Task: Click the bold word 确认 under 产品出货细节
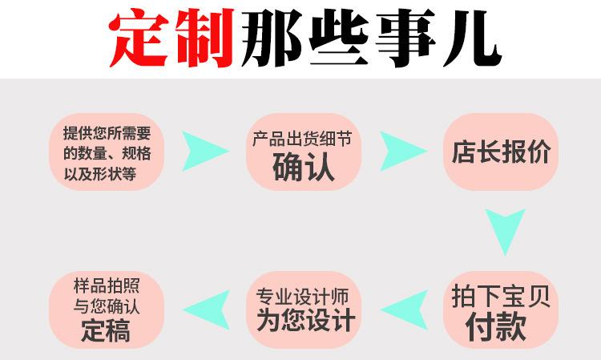[303, 167]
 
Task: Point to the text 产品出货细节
[303, 137]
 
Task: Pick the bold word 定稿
[107, 330]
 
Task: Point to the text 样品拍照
[107, 285]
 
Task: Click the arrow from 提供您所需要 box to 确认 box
[204, 150]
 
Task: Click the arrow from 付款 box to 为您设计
[401, 309]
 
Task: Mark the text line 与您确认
[107, 306]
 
